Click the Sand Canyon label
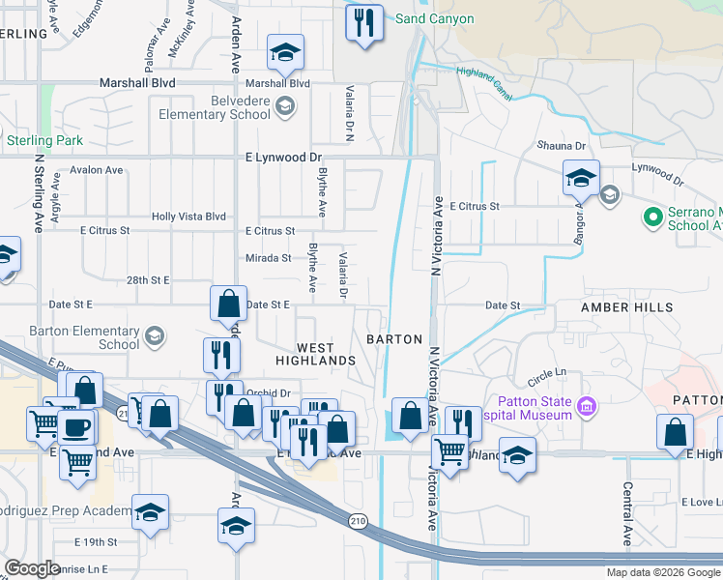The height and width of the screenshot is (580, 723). coord(435,18)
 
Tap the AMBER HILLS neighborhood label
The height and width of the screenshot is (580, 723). coord(620,306)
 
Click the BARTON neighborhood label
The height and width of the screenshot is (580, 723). coord(394,339)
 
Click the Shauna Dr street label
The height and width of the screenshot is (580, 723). coord(562,146)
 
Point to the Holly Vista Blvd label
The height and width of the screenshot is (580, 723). coord(188,217)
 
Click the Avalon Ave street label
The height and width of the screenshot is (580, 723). coord(97,170)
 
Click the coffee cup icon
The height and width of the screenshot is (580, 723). coord(76,427)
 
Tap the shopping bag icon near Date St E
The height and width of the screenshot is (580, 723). coord(228,304)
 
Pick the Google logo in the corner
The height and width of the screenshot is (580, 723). coord(33,567)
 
